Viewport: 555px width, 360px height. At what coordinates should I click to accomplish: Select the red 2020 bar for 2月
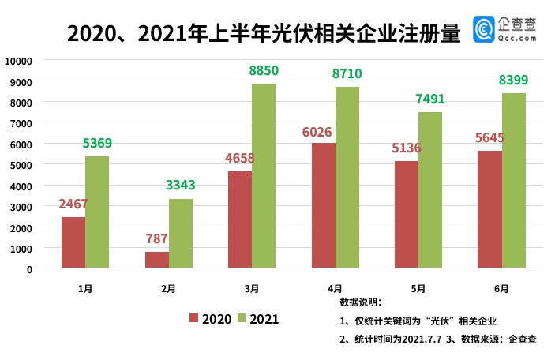156,260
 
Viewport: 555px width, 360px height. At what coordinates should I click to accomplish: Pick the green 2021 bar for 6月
513,181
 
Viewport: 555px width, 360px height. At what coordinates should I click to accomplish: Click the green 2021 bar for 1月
97,212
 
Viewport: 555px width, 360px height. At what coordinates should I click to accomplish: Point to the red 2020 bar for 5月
407,215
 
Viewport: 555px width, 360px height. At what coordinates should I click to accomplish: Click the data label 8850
264,71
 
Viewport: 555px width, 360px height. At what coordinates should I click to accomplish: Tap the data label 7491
429,99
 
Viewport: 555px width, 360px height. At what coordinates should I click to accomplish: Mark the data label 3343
180,186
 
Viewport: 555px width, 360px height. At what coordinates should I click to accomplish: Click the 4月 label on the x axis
335,289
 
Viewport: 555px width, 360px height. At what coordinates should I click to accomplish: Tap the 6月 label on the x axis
501,289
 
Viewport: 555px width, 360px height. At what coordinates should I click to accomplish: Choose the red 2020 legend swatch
193,318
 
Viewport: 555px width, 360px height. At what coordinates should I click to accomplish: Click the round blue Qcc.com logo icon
483,30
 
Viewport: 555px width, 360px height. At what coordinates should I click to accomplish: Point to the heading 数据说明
360,302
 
